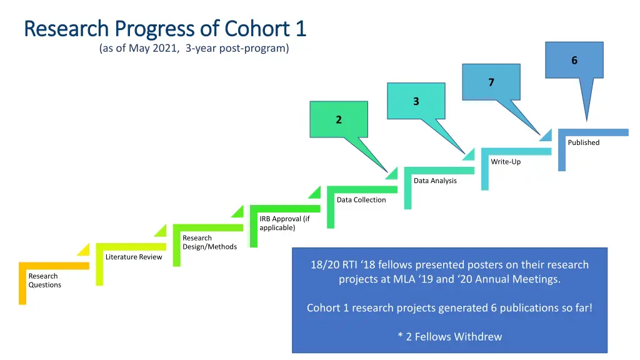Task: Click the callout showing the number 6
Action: pyautogui.click(x=574, y=61)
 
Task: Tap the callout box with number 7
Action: pyautogui.click(x=491, y=82)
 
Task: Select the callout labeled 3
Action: pyautogui.click(x=416, y=101)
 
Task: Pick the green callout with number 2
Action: pyautogui.click(x=339, y=120)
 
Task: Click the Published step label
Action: pyautogui.click(x=583, y=142)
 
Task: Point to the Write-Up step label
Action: pyautogui.click(x=506, y=162)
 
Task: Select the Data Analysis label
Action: pyautogui.click(x=435, y=181)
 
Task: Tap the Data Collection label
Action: pyautogui.click(x=361, y=200)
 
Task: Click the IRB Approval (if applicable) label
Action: pyautogui.click(x=284, y=223)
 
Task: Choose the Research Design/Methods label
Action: pyautogui.click(x=209, y=242)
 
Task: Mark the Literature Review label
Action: pyautogui.click(x=134, y=257)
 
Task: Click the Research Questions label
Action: pyautogui.click(x=44, y=281)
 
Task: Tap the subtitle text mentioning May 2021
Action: pyautogui.click(x=194, y=49)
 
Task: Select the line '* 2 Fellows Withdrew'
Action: pyautogui.click(x=449, y=337)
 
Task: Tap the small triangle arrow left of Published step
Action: pyautogui.click(x=546, y=134)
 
